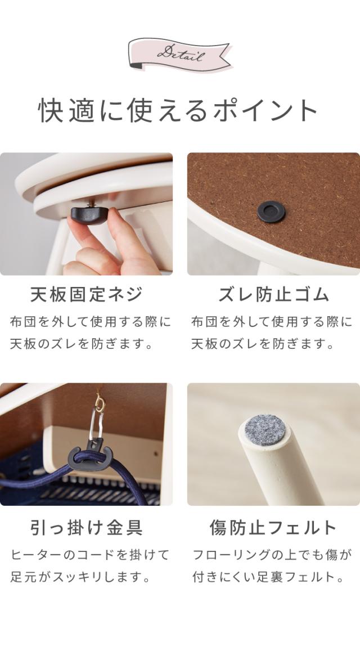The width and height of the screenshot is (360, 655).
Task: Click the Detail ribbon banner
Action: click(179, 54)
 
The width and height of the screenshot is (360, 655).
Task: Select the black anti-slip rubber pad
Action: click(271, 212)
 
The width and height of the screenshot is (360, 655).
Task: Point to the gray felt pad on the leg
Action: click(265, 430)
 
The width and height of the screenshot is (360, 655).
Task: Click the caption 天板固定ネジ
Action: click(86, 294)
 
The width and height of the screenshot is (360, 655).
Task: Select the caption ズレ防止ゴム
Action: click(274, 294)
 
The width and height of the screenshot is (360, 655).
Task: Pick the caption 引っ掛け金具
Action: click(86, 528)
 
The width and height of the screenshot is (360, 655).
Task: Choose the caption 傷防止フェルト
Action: click(273, 528)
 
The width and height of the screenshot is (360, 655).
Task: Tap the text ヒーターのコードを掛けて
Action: click(90, 555)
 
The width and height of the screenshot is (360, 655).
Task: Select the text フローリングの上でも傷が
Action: click(272, 555)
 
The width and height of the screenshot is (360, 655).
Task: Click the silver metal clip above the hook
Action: click(96, 426)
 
